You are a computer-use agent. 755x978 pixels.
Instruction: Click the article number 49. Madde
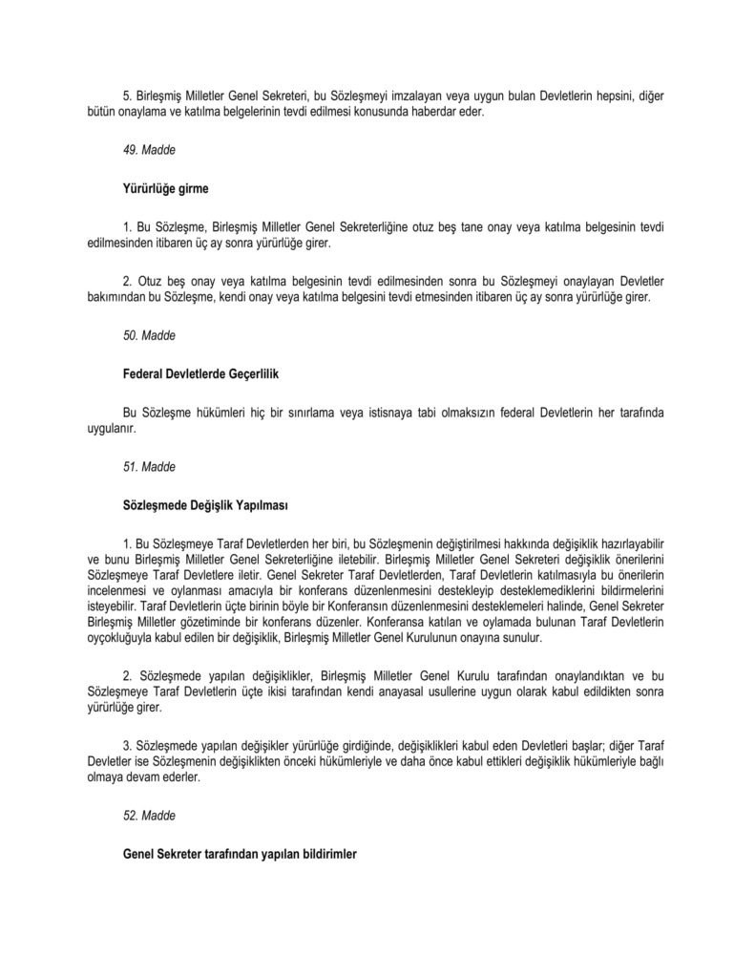pyautogui.click(x=149, y=151)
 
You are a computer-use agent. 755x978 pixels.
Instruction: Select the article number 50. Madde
pyautogui.click(x=149, y=335)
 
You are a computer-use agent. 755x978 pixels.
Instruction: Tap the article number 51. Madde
pyautogui.click(x=149, y=466)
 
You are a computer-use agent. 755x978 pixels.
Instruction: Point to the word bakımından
pyautogui.click(x=118, y=298)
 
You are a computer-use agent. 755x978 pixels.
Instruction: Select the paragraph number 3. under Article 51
pyautogui.click(x=128, y=742)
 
